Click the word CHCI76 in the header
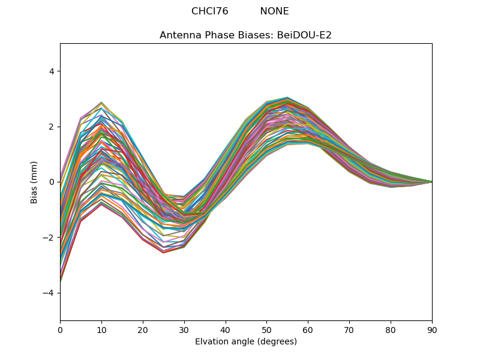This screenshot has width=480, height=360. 209,11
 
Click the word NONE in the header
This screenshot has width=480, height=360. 274,11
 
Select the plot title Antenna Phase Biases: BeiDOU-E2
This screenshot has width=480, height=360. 245,35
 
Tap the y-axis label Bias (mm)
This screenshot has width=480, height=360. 34,182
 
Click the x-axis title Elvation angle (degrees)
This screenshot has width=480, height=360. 245,341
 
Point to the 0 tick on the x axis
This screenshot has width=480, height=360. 60,329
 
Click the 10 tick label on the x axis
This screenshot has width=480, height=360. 101,329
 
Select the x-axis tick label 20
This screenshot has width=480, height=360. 143,329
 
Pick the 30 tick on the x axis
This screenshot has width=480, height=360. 184,329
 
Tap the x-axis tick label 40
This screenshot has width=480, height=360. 226,329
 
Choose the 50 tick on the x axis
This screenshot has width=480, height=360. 266,329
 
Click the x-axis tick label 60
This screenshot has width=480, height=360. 308,329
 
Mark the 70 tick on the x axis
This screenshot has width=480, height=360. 349,329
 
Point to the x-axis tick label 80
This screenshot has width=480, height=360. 391,329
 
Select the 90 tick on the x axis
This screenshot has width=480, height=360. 432,329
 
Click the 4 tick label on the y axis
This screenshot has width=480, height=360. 52,71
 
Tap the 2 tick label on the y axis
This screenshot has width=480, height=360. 52,127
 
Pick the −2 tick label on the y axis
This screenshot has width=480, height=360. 49,238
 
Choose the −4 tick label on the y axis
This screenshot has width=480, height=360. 49,293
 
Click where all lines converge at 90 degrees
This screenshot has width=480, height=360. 431,182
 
